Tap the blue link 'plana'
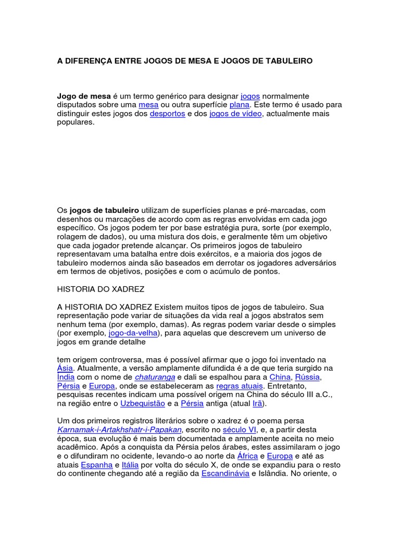coord(240,105)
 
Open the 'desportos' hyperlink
coord(167,114)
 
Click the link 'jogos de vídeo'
coord(235,114)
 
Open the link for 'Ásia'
coord(65,368)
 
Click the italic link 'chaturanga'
coord(155,377)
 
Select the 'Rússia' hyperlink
coord(307,377)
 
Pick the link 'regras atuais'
coord(240,386)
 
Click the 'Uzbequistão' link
coord(142,404)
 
